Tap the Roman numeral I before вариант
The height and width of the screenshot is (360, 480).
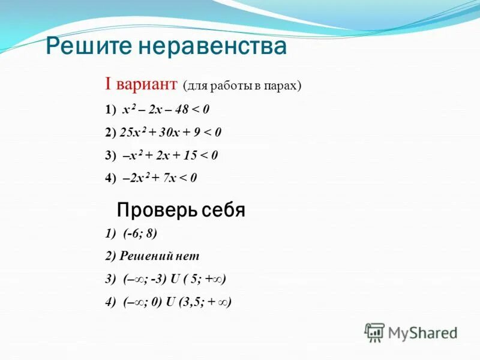tap(109, 85)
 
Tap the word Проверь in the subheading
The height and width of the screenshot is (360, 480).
tap(151, 211)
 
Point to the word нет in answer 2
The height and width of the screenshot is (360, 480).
tap(188, 256)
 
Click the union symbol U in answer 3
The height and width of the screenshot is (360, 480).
tap(173, 279)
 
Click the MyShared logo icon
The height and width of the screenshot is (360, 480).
tap(375, 331)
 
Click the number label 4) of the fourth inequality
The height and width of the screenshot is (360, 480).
tap(110, 178)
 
